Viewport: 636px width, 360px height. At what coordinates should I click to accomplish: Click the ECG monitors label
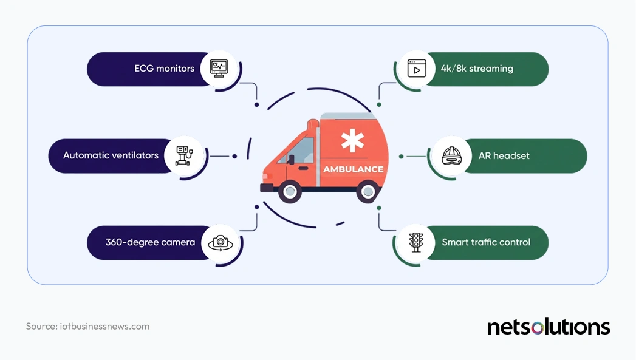coord(164,69)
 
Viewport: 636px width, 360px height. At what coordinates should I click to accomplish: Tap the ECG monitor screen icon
coord(219,68)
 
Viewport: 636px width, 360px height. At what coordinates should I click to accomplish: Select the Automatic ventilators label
coord(111,155)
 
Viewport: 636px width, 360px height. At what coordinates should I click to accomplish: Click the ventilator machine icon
coord(183,155)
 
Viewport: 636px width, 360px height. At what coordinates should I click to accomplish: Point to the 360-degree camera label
coord(150,242)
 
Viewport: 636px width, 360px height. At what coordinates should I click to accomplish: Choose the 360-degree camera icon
coord(219,243)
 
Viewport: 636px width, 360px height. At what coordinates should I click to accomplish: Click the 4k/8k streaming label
coord(477,69)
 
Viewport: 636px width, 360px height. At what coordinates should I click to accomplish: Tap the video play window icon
coord(416,68)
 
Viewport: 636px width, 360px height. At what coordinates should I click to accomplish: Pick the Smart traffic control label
coord(486,242)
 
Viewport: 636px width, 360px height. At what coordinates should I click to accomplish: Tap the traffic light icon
coord(416,242)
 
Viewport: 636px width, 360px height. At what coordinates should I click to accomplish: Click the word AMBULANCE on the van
coord(353,169)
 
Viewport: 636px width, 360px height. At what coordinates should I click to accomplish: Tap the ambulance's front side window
coord(301,149)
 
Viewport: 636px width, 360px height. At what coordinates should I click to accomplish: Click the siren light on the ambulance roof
coord(313,124)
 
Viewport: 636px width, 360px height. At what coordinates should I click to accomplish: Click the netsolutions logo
coord(548,327)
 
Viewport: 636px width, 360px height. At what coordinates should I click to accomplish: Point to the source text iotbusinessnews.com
coord(87,327)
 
